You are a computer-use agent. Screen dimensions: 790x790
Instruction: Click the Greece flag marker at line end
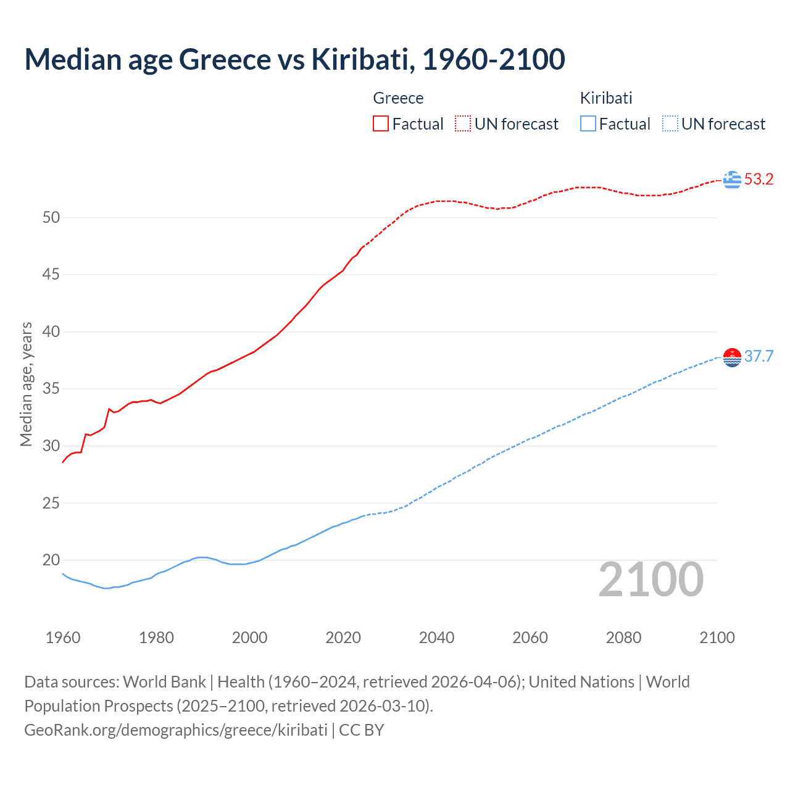(x=732, y=180)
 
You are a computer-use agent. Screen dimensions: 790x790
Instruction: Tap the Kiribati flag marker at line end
(x=732, y=357)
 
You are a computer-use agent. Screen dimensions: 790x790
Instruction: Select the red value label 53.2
(x=759, y=180)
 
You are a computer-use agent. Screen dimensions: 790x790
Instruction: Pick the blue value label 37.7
(x=759, y=357)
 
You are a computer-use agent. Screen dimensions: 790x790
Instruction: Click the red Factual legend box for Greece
(x=381, y=123)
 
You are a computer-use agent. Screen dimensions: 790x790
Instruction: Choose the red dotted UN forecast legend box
(x=463, y=123)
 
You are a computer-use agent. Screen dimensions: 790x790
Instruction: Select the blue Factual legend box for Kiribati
(x=588, y=123)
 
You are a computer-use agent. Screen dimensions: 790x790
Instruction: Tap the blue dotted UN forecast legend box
(x=670, y=123)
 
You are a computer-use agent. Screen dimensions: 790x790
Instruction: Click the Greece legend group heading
(x=398, y=98)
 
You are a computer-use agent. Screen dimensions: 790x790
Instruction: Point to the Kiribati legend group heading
(x=606, y=98)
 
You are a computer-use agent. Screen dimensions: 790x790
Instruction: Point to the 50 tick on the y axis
(x=51, y=217)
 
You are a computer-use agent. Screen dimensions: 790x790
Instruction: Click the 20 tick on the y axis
(x=51, y=560)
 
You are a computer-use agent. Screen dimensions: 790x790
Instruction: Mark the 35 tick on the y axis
(x=51, y=389)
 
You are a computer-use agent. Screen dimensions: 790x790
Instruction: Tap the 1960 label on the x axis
(x=63, y=638)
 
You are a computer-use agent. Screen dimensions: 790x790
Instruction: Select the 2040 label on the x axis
(x=436, y=638)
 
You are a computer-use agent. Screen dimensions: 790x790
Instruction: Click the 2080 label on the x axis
(x=623, y=638)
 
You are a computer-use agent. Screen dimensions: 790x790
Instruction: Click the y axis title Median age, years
(x=26, y=384)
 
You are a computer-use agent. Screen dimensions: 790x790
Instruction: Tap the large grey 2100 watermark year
(x=651, y=580)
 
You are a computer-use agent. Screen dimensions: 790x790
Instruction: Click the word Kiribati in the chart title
(x=359, y=59)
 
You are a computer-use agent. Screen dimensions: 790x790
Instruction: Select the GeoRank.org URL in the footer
(x=176, y=730)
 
